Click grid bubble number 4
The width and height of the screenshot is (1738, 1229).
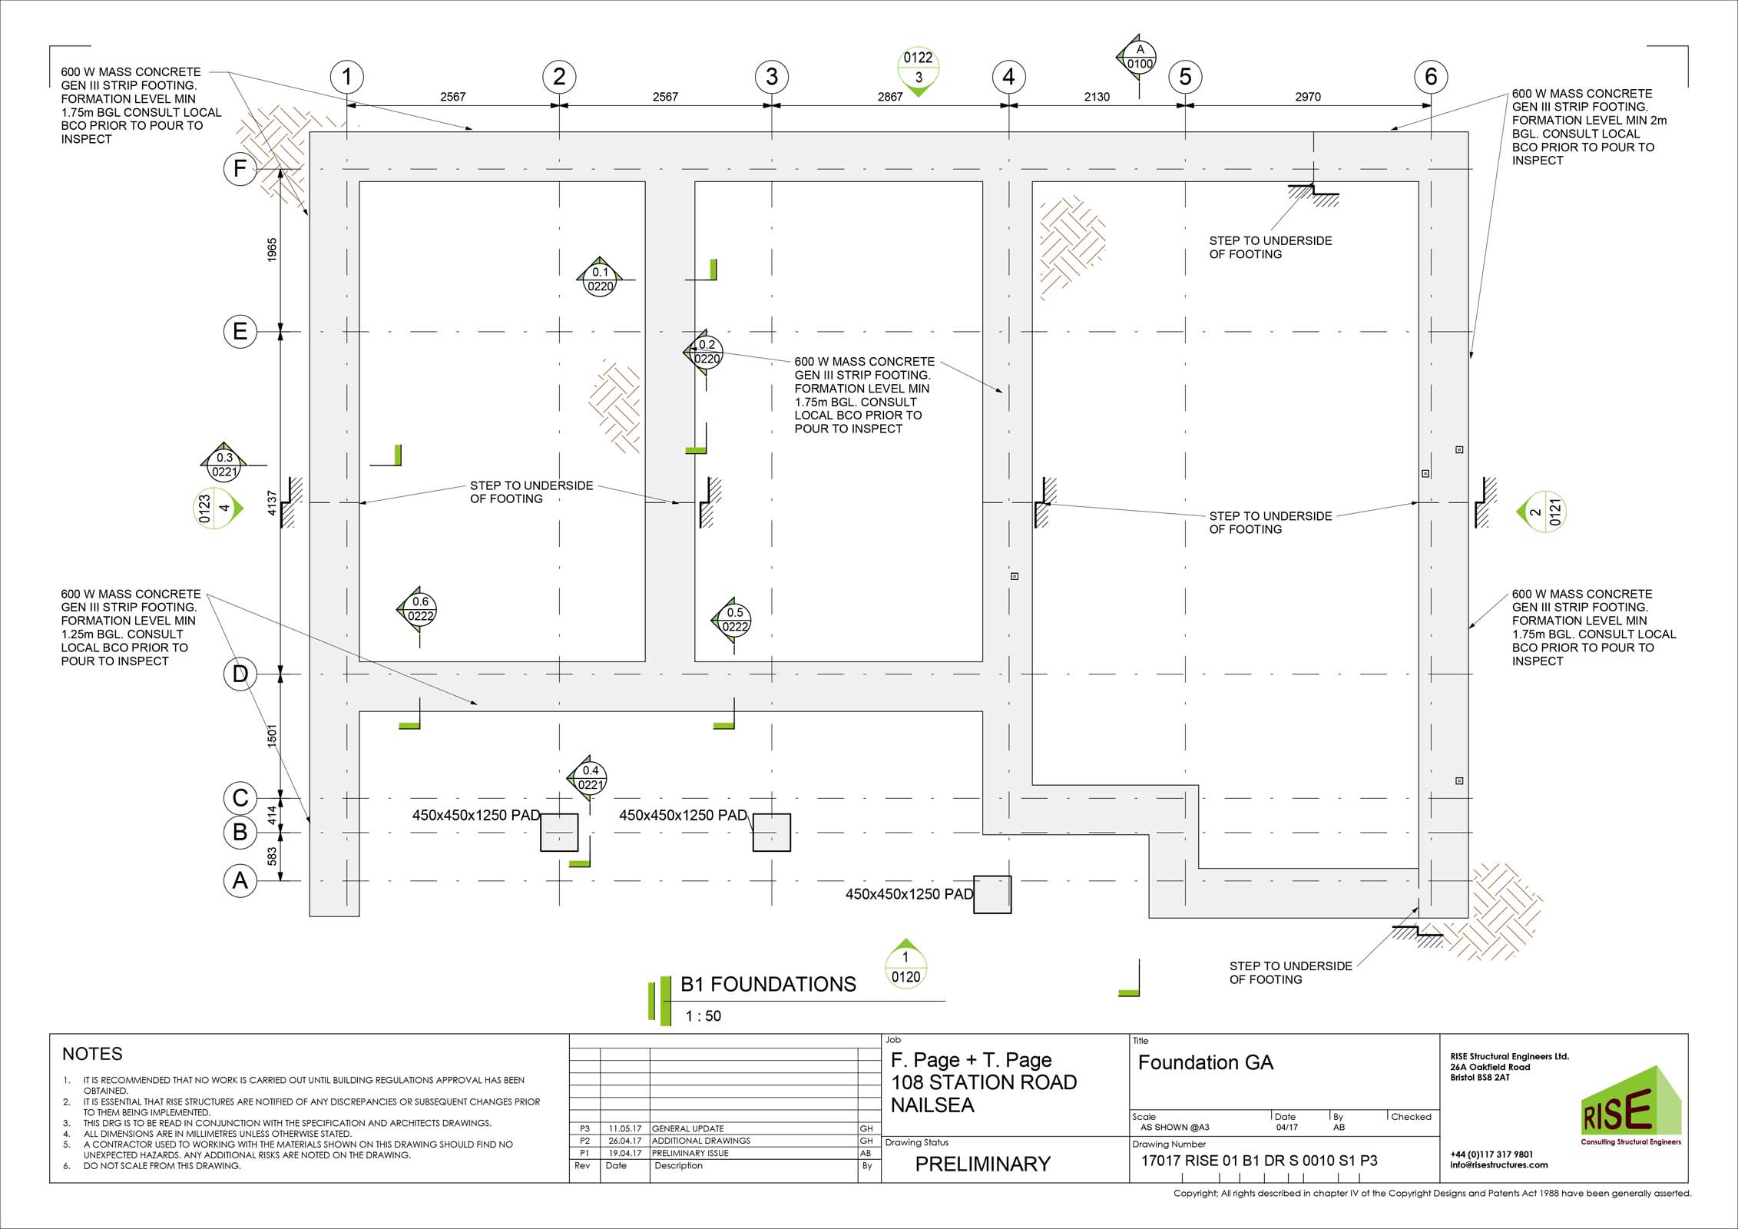click(x=1008, y=77)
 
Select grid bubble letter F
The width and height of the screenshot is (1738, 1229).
click(x=240, y=168)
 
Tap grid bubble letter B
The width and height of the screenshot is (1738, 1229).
click(x=240, y=831)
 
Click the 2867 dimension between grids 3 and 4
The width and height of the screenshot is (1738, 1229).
click(x=890, y=97)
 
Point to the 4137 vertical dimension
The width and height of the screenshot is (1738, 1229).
click(x=272, y=503)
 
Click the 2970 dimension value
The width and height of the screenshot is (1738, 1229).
click(x=1308, y=97)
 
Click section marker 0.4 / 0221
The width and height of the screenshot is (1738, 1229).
click(x=589, y=778)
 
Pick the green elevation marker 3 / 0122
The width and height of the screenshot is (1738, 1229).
click(x=918, y=70)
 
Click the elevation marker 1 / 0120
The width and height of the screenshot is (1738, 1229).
click(x=905, y=966)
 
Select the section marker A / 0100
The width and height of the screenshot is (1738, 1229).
click(x=1137, y=56)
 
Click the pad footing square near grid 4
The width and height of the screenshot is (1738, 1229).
click(x=992, y=894)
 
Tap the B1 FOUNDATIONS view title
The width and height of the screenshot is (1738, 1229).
click(x=768, y=985)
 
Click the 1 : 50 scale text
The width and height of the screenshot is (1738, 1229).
click(x=703, y=1016)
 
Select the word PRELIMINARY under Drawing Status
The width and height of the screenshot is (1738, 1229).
click(x=982, y=1164)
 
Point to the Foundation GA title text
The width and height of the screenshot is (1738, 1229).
click(x=1205, y=1062)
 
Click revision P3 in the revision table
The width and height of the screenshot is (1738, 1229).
click(x=585, y=1128)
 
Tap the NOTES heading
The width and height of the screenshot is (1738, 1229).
click(x=92, y=1054)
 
